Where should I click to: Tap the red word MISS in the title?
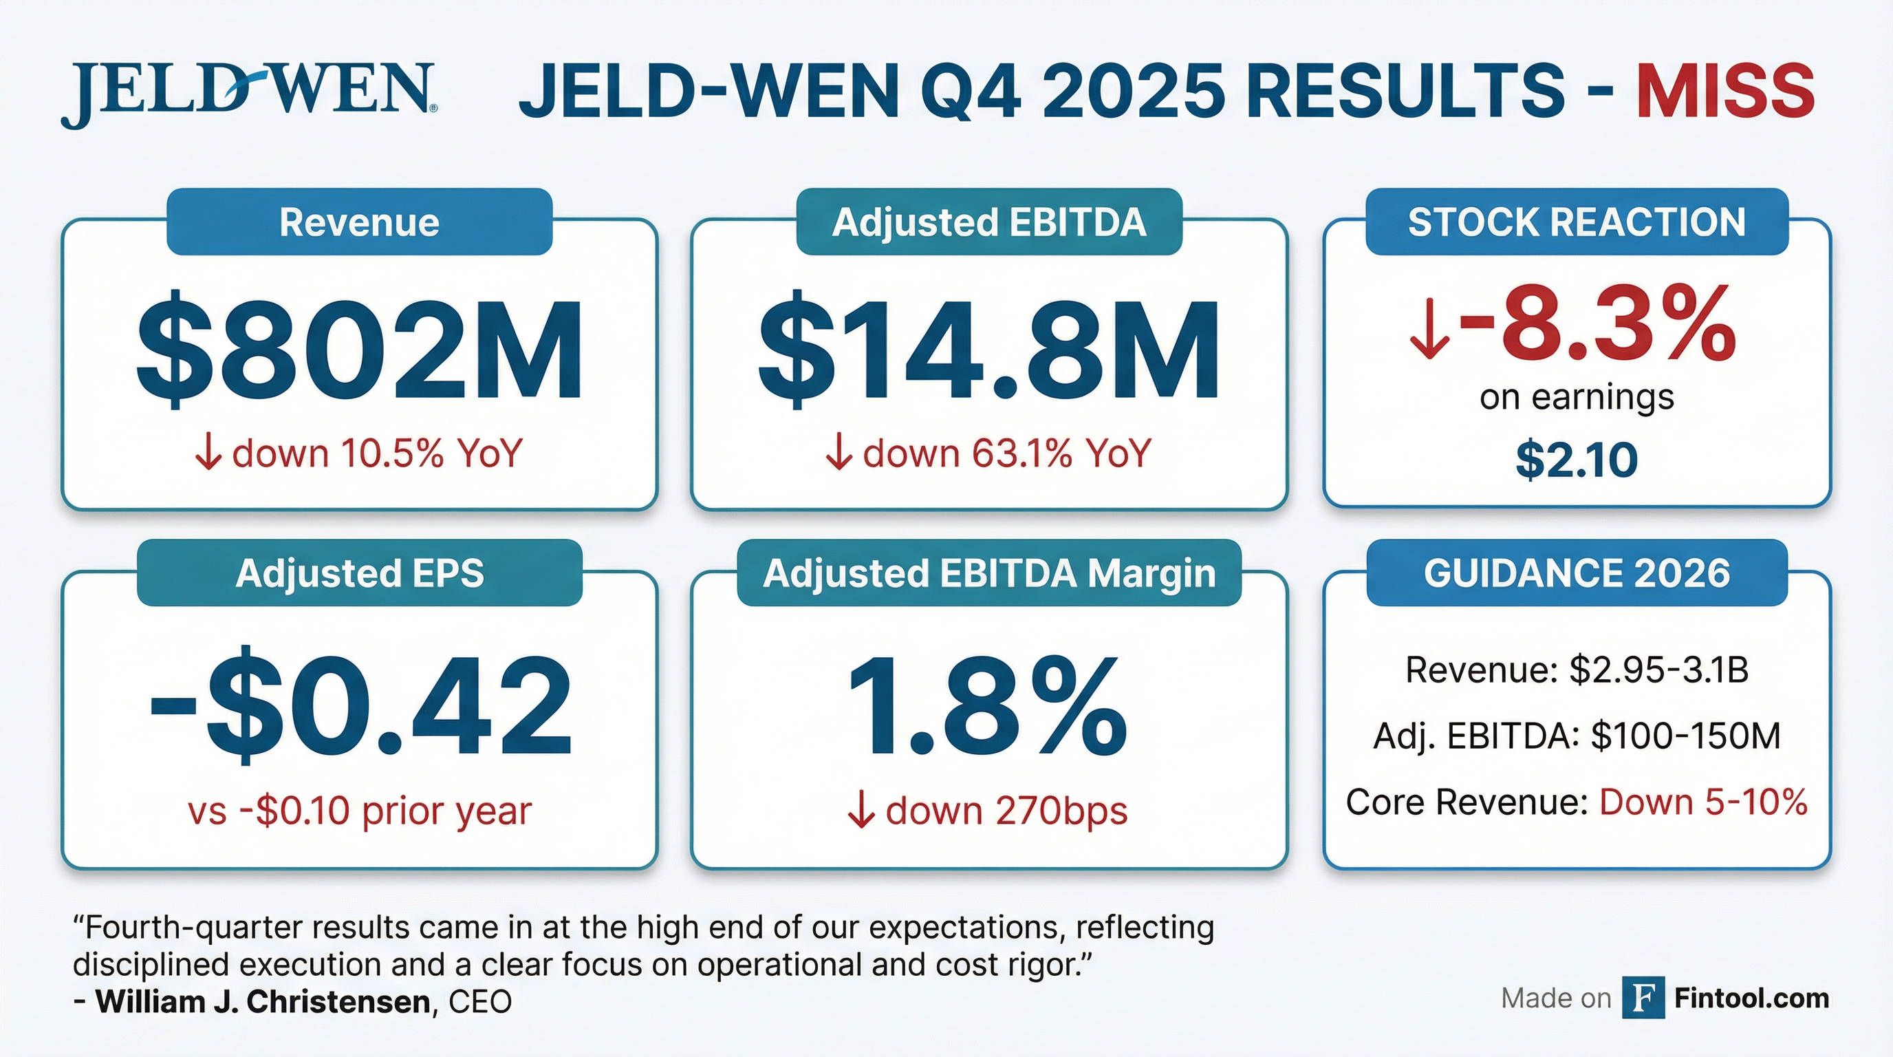tap(1724, 91)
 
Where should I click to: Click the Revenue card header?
tap(359, 222)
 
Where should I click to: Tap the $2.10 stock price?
tap(1577, 460)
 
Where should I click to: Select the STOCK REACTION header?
tap(1577, 222)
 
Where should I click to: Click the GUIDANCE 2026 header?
tap(1577, 573)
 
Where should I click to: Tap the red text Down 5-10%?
tap(1702, 802)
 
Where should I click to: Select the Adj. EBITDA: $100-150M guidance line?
tap(1577, 736)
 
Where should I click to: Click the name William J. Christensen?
tap(262, 1002)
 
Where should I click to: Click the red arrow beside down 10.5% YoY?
tap(208, 453)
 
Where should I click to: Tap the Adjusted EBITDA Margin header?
tap(989, 573)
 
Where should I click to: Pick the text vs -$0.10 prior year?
tap(359, 811)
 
